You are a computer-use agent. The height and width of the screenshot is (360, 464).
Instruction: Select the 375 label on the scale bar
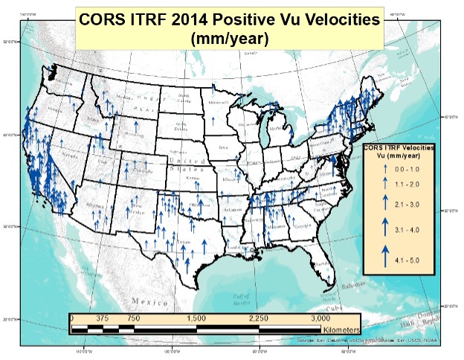[102, 318]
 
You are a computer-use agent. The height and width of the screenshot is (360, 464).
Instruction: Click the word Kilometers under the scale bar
[341, 328]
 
